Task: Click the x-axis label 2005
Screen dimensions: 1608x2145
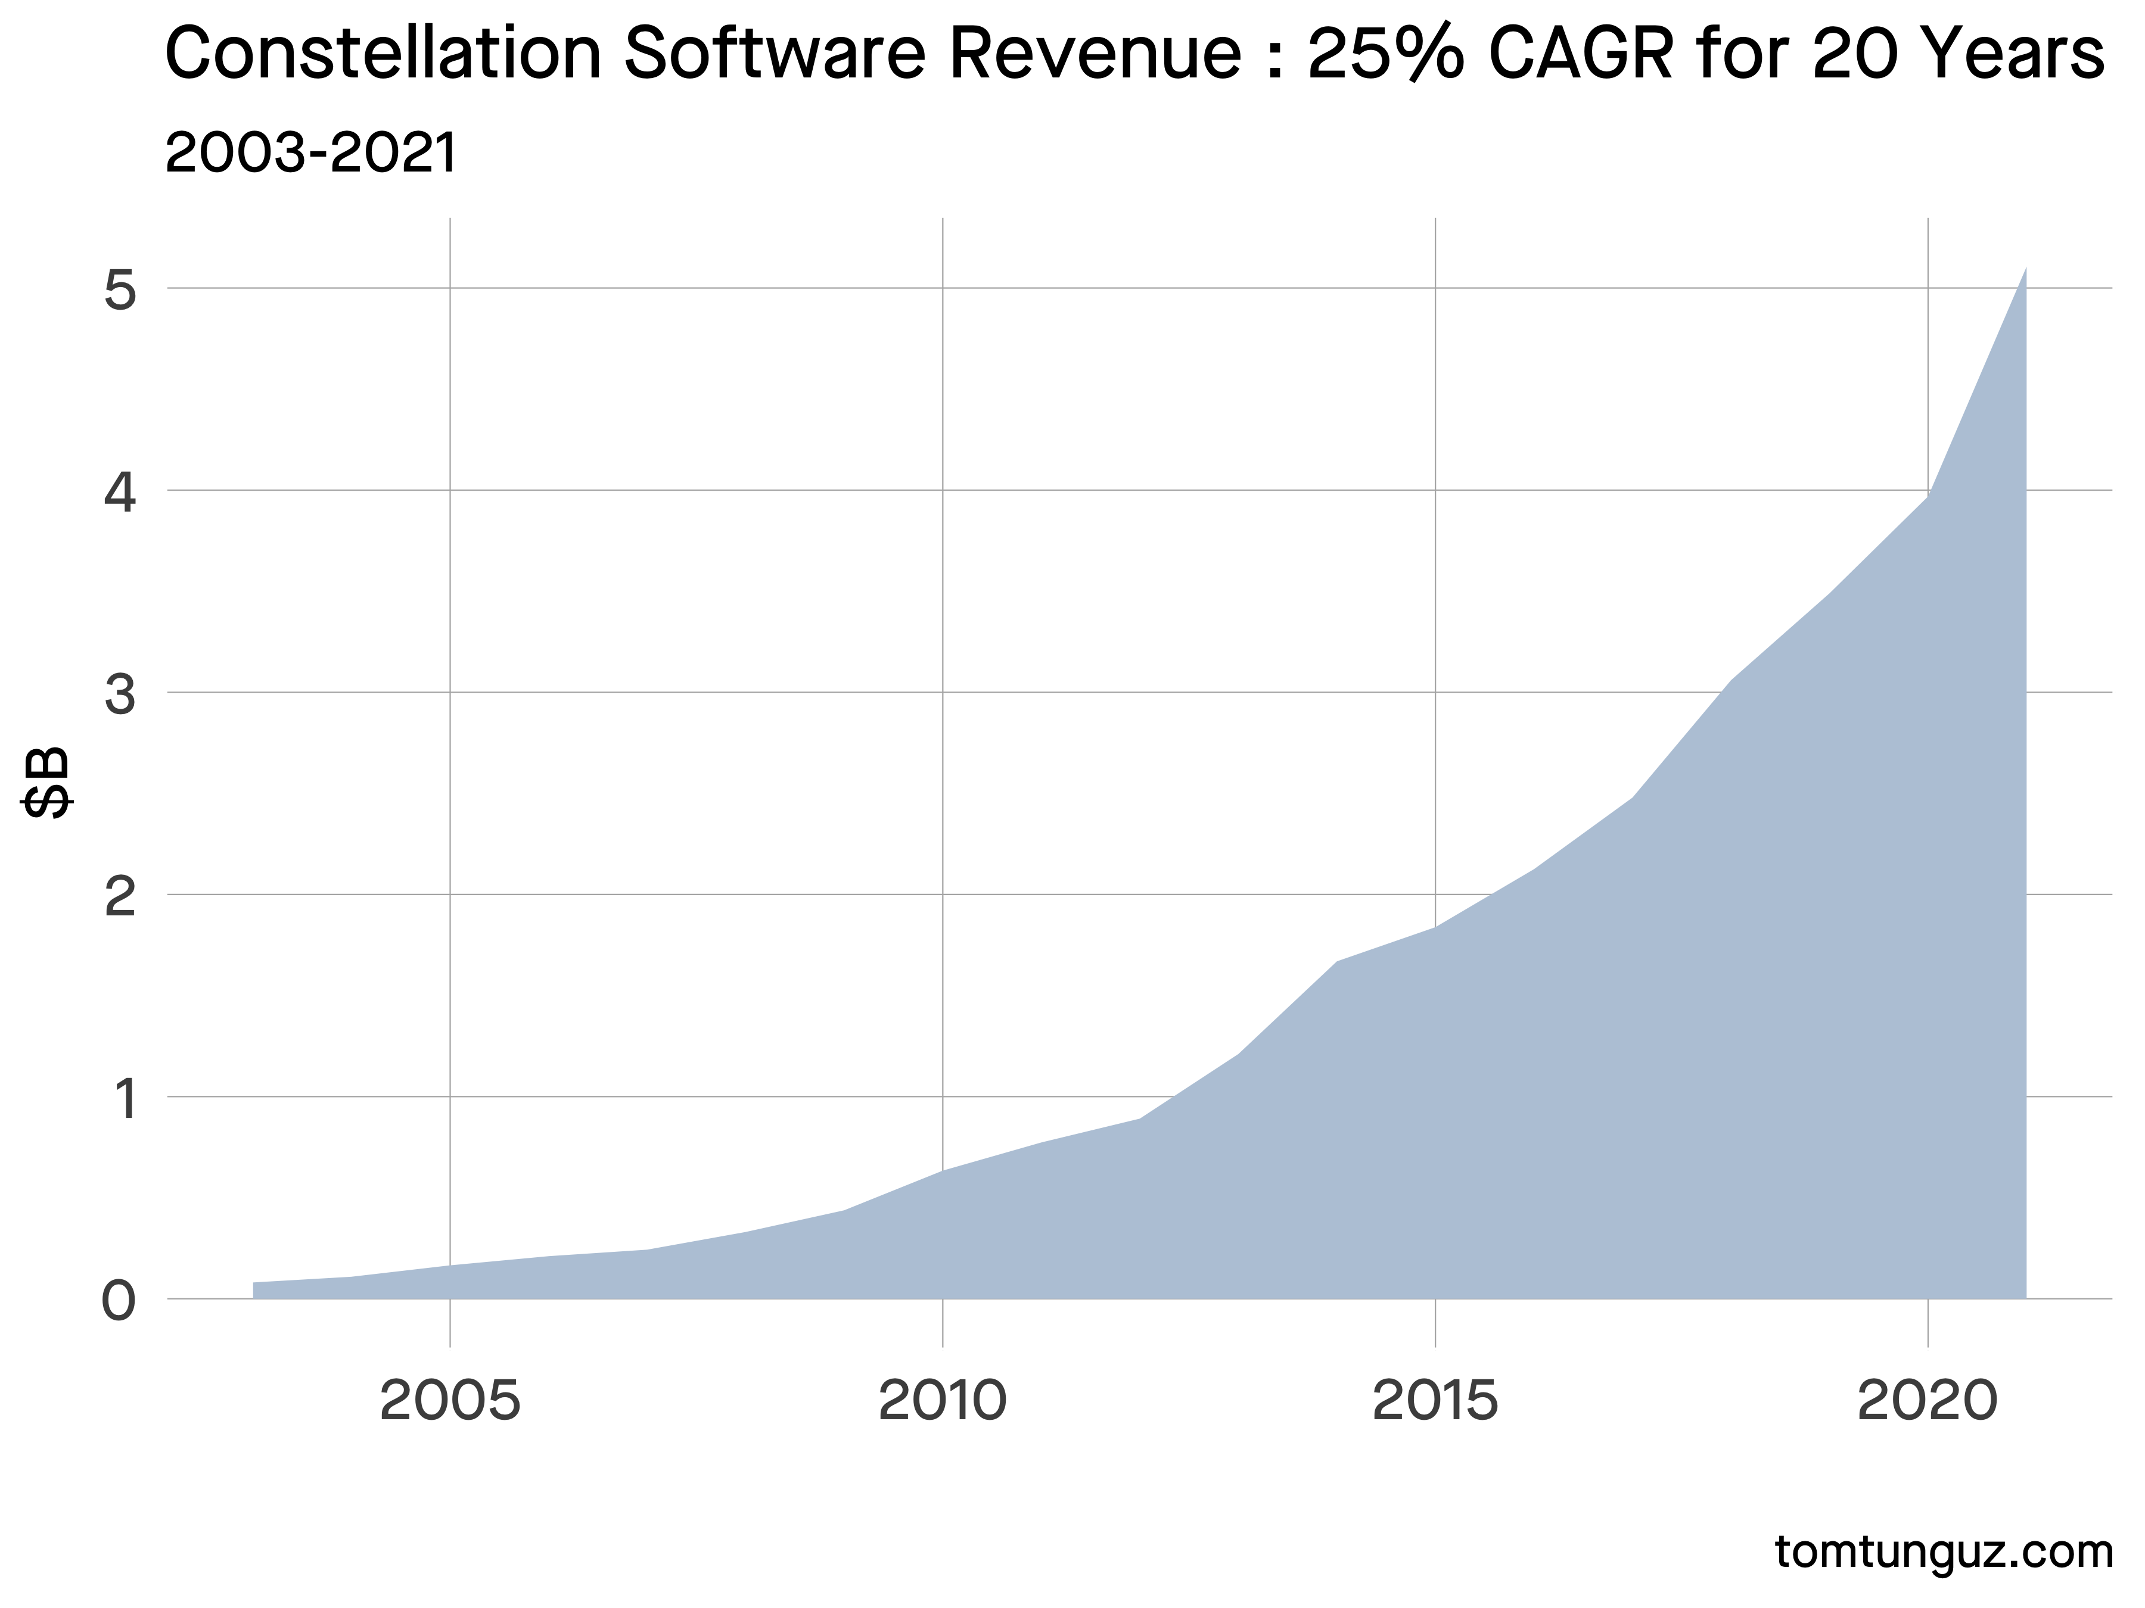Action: click(x=450, y=1403)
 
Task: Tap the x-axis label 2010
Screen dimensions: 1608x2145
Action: click(x=943, y=1403)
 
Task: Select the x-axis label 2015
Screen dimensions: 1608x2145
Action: click(x=1435, y=1403)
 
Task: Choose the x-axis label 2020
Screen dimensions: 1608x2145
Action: click(x=1928, y=1403)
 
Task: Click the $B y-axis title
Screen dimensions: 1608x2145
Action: click(x=46, y=782)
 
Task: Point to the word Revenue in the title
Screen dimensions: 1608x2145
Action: click(x=1095, y=55)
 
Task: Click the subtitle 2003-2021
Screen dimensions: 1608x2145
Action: click(x=310, y=153)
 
